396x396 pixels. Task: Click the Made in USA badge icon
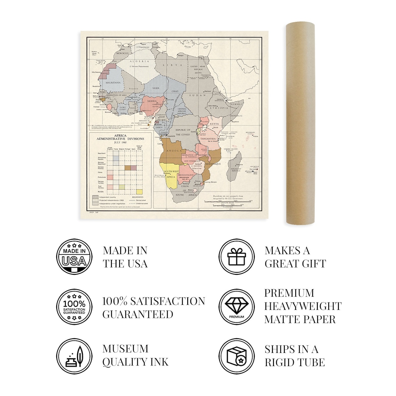74,257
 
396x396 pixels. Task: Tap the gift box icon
236,257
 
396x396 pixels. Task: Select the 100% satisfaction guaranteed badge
74,307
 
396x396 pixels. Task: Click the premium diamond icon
236,307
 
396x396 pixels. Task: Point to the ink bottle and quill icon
74,356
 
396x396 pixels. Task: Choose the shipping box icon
236,356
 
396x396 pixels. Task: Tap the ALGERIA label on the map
139,61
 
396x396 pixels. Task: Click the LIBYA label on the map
174,65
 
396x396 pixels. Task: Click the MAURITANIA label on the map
113,83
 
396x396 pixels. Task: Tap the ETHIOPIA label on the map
218,108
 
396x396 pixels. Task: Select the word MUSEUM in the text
125,349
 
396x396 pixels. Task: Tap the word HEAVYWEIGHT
303,306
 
